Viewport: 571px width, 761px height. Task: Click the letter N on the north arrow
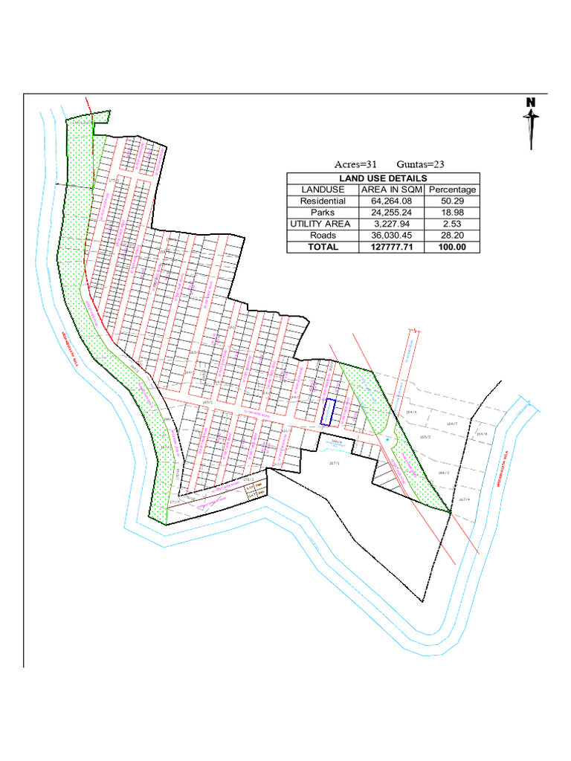[531, 103]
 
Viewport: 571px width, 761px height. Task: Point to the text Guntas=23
[421, 164]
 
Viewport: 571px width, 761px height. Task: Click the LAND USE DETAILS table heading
[383, 178]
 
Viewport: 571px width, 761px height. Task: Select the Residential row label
[323, 201]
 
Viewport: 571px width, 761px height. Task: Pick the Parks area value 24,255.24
[391, 213]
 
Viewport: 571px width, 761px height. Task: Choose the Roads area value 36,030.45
[391, 236]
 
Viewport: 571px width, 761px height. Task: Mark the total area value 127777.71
[391, 247]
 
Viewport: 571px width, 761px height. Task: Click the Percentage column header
[452, 190]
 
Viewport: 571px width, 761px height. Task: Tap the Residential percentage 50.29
[452, 201]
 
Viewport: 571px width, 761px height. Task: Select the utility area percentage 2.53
[452, 224]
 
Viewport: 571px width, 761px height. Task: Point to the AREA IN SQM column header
[391, 190]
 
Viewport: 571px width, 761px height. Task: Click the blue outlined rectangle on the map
[328, 412]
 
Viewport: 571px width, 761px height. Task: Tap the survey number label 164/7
[451, 423]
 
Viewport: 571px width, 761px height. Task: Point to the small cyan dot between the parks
[387, 439]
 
